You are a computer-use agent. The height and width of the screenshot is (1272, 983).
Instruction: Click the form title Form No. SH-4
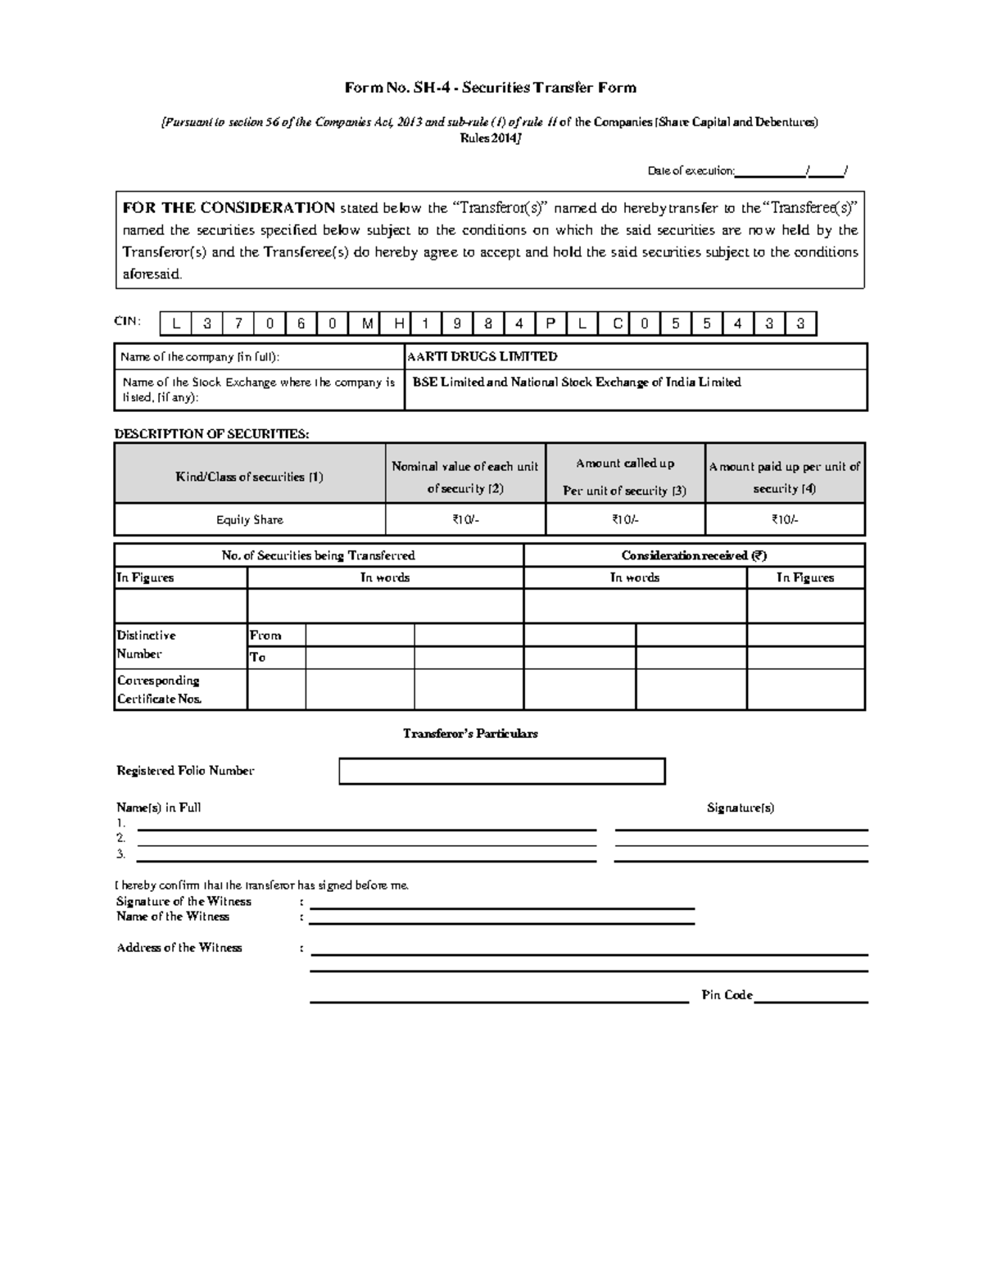point(490,88)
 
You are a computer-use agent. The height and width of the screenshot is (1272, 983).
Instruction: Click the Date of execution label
point(691,170)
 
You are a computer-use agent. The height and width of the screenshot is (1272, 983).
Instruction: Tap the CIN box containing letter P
point(550,324)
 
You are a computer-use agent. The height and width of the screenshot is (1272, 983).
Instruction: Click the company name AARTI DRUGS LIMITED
point(482,356)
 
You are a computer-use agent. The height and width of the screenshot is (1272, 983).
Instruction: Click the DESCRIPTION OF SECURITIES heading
point(211,433)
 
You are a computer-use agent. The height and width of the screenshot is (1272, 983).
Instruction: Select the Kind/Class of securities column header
point(250,477)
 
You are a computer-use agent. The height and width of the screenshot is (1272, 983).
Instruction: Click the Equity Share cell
point(250,519)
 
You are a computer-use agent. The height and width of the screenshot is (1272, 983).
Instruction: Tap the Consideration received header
point(694,555)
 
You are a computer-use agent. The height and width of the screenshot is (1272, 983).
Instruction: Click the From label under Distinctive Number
point(265,635)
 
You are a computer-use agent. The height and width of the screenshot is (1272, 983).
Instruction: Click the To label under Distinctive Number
point(258,657)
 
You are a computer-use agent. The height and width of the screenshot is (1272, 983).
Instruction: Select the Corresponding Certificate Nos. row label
point(159,690)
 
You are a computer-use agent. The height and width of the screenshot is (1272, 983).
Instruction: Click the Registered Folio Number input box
point(501,771)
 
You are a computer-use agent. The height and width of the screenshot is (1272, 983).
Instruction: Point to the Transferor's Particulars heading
point(470,733)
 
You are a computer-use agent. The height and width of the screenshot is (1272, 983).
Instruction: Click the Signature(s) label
point(741,808)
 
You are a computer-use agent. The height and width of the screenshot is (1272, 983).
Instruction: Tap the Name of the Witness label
point(173,917)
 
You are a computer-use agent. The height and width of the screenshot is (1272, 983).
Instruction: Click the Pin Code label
point(727,995)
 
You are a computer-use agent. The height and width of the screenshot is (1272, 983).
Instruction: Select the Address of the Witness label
point(179,948)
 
